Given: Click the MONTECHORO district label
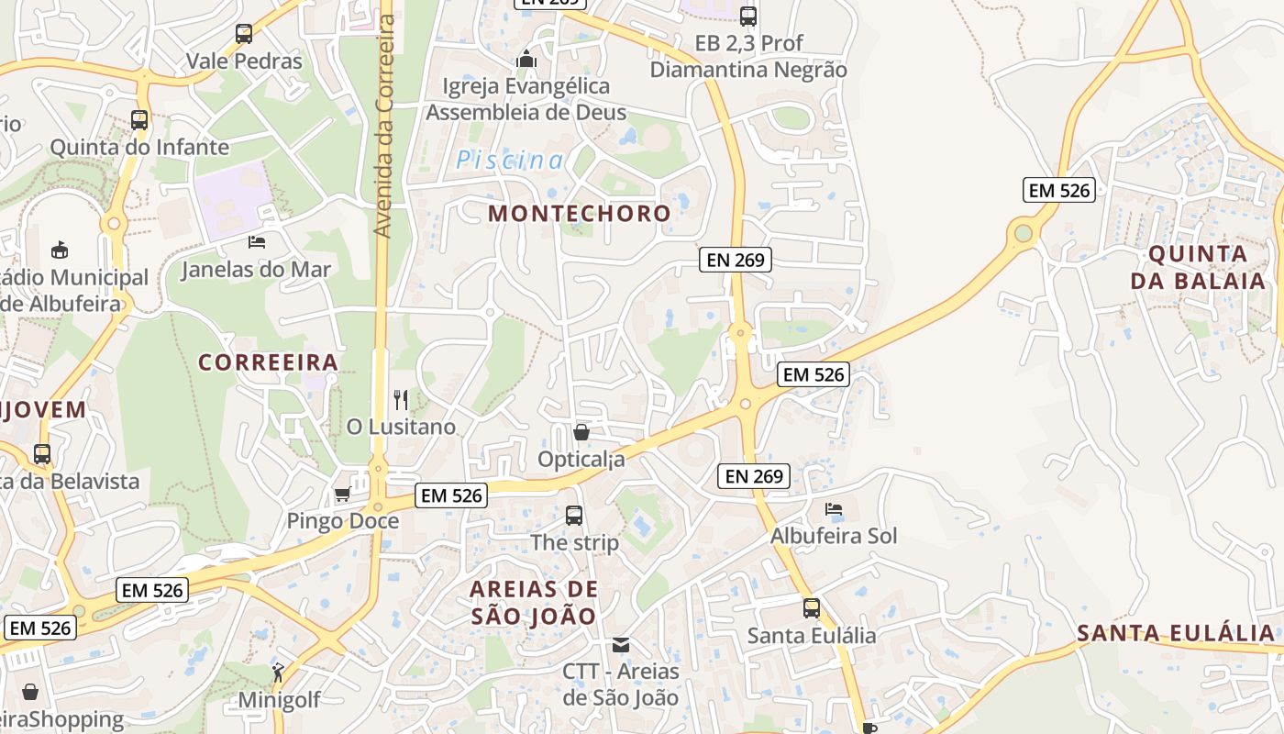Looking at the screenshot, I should [579, 214].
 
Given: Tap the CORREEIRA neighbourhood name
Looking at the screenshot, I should [269, 362].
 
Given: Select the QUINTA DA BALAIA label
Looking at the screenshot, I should [1198, 267].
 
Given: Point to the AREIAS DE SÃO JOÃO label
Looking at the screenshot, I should [534, 602].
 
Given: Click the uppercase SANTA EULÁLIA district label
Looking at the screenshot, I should [1176, 633].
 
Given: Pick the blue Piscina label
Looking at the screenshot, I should [510, 161].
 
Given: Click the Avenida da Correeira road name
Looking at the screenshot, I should [385, 126].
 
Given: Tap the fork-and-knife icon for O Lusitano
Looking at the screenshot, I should [401, 399].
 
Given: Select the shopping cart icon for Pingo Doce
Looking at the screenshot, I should [342, 495].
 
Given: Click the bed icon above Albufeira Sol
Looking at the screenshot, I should [833, 508].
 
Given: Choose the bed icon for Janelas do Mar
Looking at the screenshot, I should [256, 242].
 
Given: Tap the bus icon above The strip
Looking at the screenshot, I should [574, 516].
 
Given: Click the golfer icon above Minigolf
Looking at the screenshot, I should [278, 673].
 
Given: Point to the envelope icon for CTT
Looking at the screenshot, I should [621, 645].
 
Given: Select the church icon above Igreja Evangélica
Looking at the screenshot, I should [526, 59].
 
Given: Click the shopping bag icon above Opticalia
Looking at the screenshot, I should [581, 431].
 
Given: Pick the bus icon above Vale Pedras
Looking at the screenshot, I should [244, 34].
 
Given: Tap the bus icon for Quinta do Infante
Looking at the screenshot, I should [139, 119].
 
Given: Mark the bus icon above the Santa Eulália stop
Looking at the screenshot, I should [812, 607].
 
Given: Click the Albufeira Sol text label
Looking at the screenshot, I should [833, 536].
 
